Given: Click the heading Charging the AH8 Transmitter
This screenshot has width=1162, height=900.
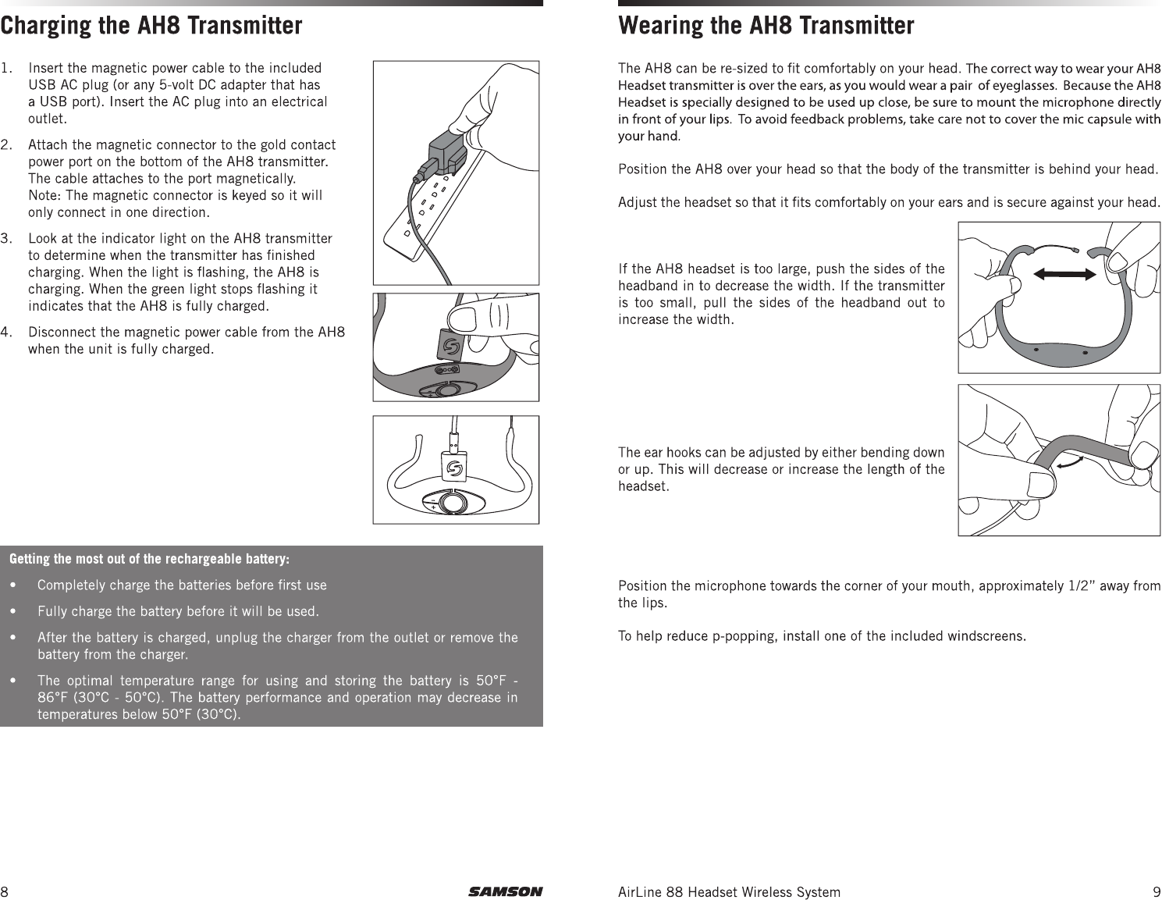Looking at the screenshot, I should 151,26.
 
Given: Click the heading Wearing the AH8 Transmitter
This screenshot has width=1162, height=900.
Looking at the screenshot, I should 766,26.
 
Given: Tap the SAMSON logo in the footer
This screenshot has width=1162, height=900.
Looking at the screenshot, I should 505,891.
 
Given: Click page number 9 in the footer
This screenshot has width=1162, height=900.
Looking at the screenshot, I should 1156,891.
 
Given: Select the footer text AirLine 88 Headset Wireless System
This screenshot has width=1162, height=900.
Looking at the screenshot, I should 729,891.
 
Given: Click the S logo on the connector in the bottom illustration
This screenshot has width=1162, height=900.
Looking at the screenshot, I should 454,469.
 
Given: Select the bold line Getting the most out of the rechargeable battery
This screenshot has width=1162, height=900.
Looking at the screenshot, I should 149,559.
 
